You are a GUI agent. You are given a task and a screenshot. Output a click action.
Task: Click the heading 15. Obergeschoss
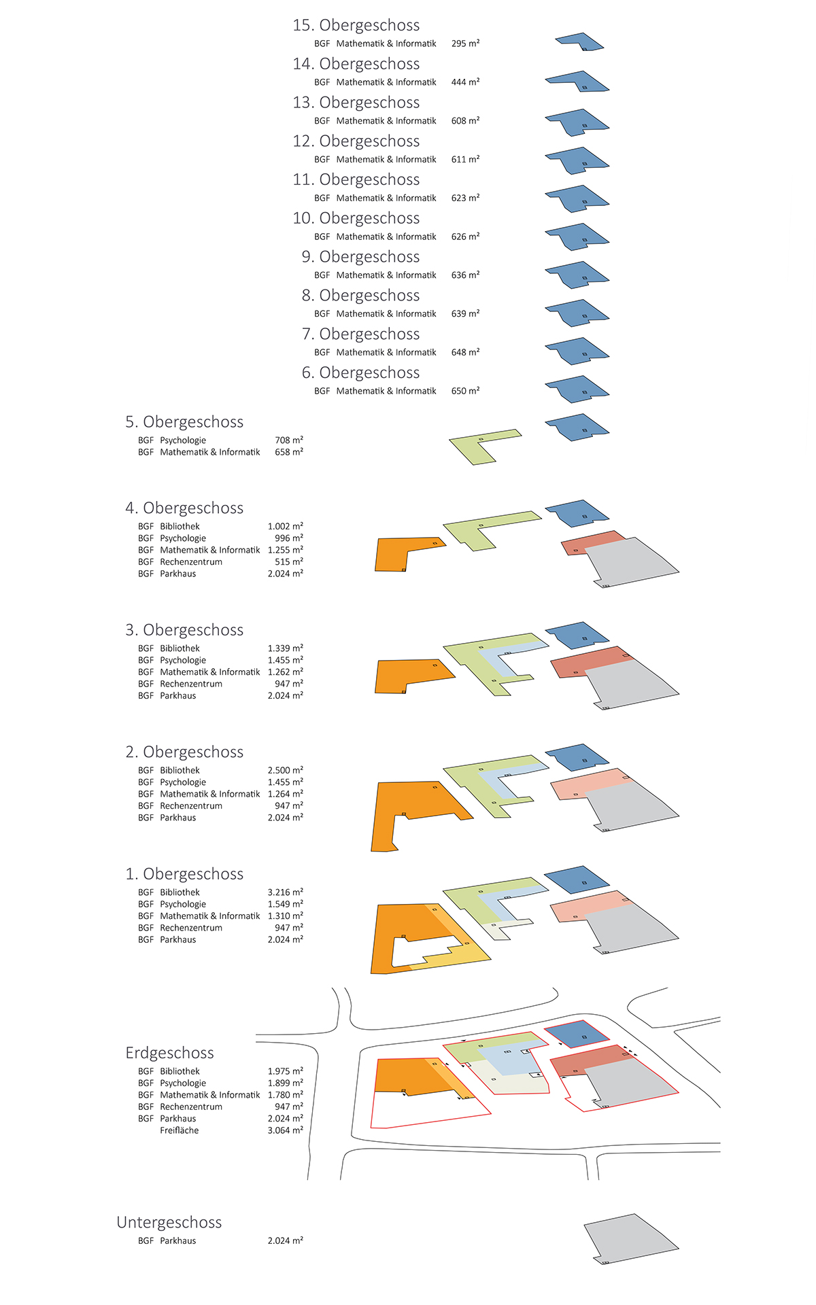(x=356, y=25)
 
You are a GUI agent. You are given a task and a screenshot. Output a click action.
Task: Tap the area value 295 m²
(x=465, y=43)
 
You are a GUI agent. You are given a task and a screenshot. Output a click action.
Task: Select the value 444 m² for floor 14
(x=465, y=82)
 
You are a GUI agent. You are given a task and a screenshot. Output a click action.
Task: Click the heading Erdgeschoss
(x=169, y=1053)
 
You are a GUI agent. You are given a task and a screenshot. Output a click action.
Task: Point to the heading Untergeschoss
(x=169, y=1222)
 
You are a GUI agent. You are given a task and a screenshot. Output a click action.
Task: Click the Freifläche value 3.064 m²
(x=286, y=1130)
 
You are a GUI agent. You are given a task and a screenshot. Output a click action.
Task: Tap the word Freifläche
(x=180, y=1130)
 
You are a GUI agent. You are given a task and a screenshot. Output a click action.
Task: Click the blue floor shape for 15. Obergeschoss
(x=579, y=41)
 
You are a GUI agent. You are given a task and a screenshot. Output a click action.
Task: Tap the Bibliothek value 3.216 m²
(x=286, y=892)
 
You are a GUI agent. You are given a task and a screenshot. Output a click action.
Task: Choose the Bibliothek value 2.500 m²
(x=286, y=770)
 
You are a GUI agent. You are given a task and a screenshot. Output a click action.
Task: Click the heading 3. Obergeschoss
(x=184, y=630)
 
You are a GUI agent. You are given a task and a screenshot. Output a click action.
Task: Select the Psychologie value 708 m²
(x=289, y=440)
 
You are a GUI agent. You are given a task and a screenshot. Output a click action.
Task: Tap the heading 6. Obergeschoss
(x=360, y=373)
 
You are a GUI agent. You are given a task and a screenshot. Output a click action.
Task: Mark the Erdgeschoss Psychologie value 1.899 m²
(x=286, y=1083)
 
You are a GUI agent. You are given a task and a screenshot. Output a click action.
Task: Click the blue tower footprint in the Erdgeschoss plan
(x=577, y=1034)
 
